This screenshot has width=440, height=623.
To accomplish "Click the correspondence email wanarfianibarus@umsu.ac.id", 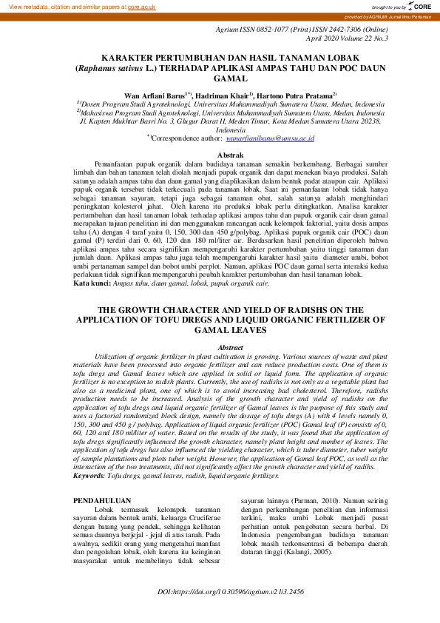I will click(271, 138).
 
